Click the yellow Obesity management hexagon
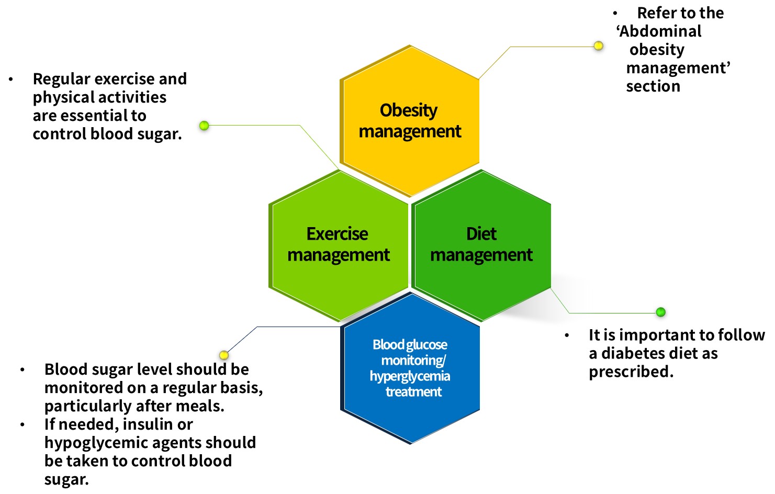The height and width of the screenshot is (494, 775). pos(410,120)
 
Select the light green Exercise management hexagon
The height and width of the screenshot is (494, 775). pos(339,244)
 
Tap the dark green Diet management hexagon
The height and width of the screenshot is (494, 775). pos(481,244)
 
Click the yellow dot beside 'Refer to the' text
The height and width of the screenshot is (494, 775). pos(598,46)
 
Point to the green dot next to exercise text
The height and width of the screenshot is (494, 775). pos(204,126)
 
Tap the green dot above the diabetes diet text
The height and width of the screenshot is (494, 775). pos(660,312)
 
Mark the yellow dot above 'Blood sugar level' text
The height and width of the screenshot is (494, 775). pos(224,355)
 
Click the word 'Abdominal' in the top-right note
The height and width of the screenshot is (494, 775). pos(660,31)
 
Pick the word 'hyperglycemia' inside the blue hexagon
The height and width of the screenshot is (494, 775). pos(410,376)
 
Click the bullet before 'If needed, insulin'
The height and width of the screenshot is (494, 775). pos(23,424)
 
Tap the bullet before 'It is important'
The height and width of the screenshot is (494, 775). pos(567,335)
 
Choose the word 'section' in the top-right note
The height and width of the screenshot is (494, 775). pos(653,86)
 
